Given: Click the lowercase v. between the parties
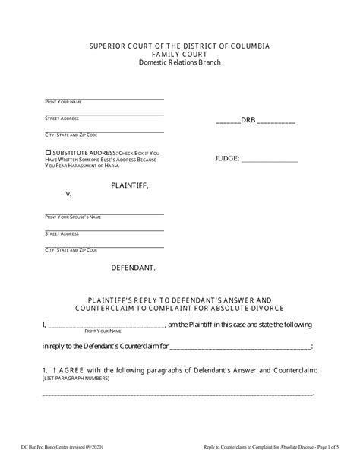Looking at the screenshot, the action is click(68, 195).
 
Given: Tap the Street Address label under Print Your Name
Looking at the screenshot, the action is click(63, 119).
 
